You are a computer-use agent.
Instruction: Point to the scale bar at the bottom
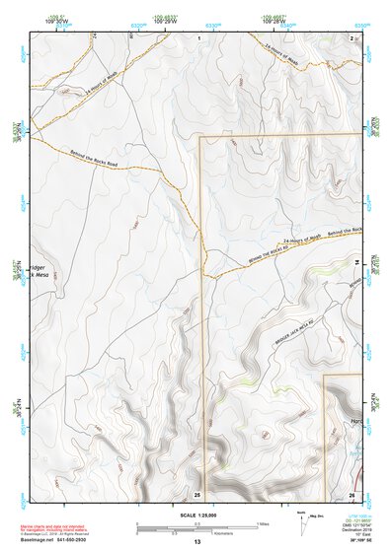coord(196,525)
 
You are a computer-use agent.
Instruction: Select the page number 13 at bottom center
coord(196,542)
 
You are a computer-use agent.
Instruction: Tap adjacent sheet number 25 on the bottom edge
coord(196,493)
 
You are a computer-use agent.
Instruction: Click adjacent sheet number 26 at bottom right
coord(352,493)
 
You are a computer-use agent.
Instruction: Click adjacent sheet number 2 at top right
coord(352,36)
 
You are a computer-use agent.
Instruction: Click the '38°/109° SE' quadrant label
coord(352,542)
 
